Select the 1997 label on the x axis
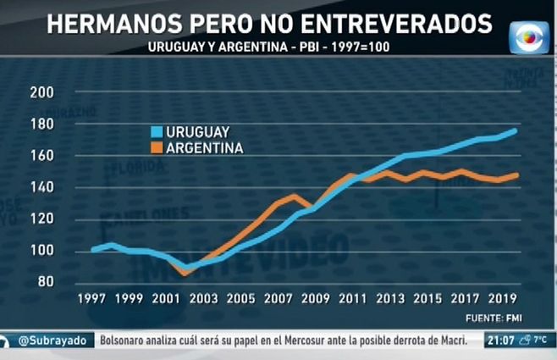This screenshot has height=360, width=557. pos(91,299)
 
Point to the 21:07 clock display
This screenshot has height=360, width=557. pos(500,341)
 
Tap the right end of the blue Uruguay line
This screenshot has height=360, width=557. pos(516,130)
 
